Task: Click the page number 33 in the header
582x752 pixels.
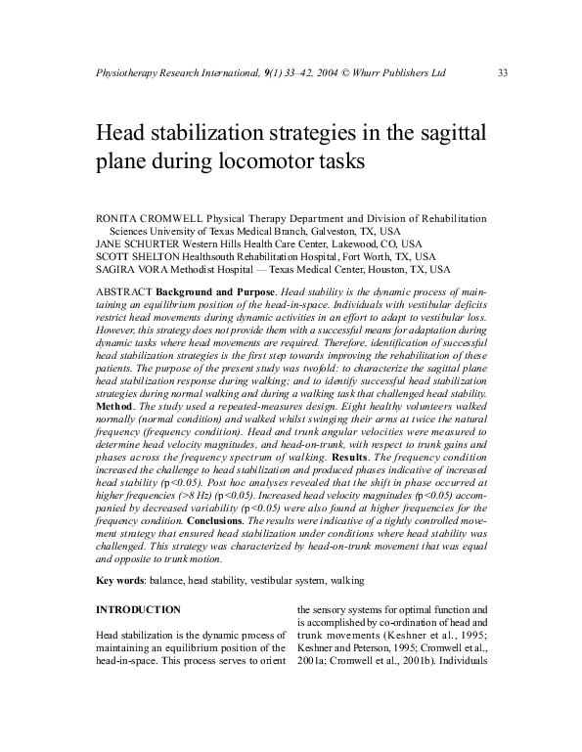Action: click(x=503, y=73)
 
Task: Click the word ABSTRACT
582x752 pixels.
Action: click(x=123, y=292)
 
